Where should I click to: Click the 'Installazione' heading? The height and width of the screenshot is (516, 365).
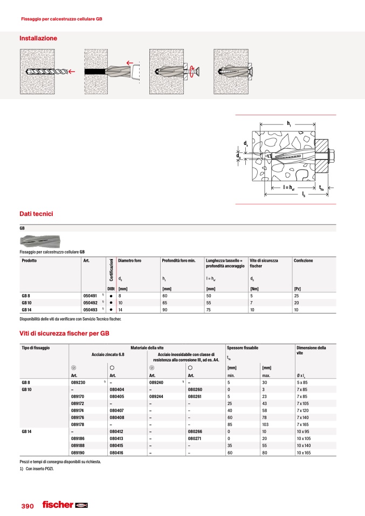tap(38, 39)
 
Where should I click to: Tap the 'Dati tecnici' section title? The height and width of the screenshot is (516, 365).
tap(36, 214)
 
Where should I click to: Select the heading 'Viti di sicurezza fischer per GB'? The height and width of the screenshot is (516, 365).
tap(64, 334)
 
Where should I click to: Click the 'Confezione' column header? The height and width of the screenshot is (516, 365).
tap(304, 261)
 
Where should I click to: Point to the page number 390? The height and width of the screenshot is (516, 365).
tap(27, 507)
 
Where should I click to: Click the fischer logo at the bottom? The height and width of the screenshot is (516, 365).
tap(64, 505)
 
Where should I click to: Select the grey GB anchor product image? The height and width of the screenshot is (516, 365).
tap(40, 241)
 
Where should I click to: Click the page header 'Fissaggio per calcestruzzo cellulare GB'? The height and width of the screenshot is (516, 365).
tap(61, 19)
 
